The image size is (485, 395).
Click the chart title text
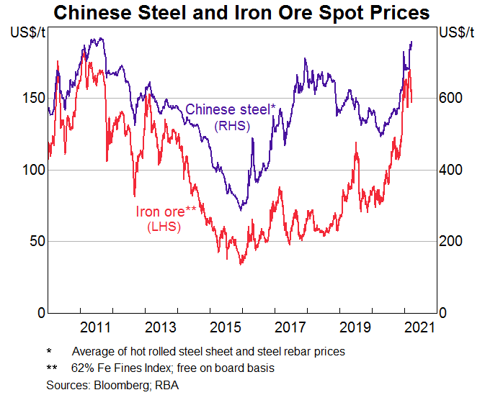pyautogui.click(x=241, y=13)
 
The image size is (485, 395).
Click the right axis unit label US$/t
pyautogui.click(x=456, y=32)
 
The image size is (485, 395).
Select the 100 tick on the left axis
pyautogui.click(x=32, y=170)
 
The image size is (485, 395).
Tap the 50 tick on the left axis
pyautogui.click(x=35, y=241)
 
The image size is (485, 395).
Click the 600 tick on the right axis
pyautogui.click(x=452, y=98)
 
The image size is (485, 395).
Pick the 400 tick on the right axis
pyautogui.click(x=452, y=170)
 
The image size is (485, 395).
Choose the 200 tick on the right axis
pyautogui.click(x=452, y=241)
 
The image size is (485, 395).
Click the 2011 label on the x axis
pyautogui.click(x=95, y=327)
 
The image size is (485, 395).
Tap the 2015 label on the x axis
pyautogui.click(x=226, y=327)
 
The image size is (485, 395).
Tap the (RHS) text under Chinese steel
pyautogui.click(x=231, y=125)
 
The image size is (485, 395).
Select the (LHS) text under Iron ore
pyautogui.click(x=164, y=227)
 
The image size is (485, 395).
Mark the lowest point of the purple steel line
pyautogui.click(x=241, y=210)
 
